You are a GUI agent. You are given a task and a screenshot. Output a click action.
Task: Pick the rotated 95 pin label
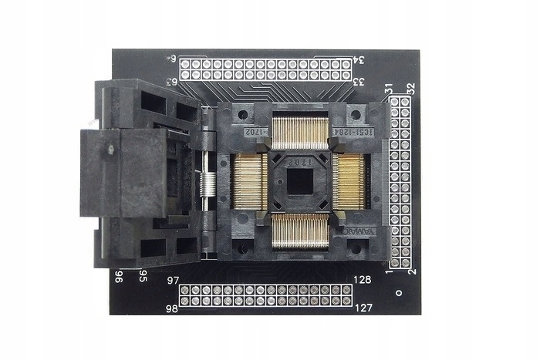tap(143, 275)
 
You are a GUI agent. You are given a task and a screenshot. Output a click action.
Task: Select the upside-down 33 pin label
tap(359, 79)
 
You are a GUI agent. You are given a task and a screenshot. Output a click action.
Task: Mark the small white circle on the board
tap(398, 294)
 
